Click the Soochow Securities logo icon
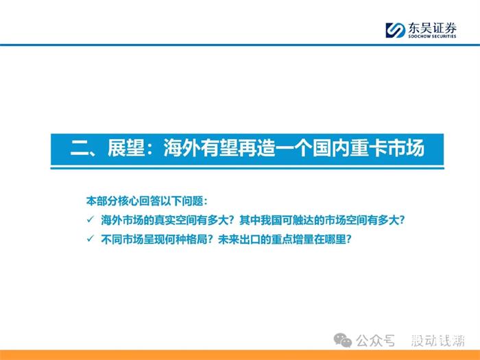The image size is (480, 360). pyautogui.click(x=395, y=30)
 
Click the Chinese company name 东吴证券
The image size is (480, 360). pyautogui.click(x=432, y=28)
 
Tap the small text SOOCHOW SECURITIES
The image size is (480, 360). pyautogui.click(x=432, y=36)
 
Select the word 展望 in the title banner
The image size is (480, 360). pyautogui.click(x=125, y=149)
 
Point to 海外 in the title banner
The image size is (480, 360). pyautogui.click(x=182, y=149)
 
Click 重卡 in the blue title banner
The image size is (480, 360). pyautogui.click(x=369, y=149)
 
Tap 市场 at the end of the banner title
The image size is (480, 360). pyautogui.click(x=406, y=149)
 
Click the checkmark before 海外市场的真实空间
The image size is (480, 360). pyautogui.click(x=91, y=219)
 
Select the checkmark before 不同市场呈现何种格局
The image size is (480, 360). pyautogui.click(x=91, y=239)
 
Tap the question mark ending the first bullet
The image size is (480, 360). pyautogui.click(x=402, y=220)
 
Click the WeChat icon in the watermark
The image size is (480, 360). pyautogui.click(x=343, y=340)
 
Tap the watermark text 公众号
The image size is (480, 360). pyautogui.click(x=375, y=341)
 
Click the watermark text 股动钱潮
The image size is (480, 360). pyautogui.click(x=437, y=341)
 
